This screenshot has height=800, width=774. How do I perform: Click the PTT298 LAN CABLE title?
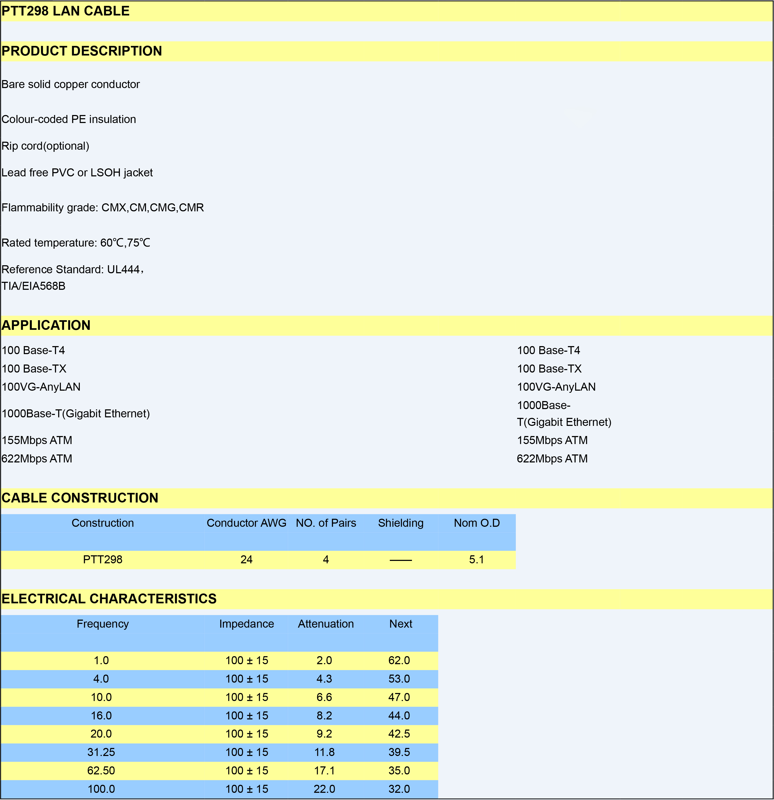point(65,11)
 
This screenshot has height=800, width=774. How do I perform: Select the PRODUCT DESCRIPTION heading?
point(82,51)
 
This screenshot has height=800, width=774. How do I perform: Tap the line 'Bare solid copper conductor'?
point(71,85)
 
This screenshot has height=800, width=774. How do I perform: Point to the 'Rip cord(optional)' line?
point(45,146)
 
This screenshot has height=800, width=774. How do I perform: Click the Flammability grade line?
point(103,208)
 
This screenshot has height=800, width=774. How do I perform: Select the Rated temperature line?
point(76,243)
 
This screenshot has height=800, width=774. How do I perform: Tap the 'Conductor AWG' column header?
point(246,523)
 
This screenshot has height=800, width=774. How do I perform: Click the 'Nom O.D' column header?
point(477,523)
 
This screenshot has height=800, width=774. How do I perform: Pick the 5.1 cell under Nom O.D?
point(476,560)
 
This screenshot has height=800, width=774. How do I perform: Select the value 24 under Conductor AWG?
point(246,560)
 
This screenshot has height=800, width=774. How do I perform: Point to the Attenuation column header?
point(325,624)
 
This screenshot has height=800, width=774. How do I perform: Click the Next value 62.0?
point(399,660)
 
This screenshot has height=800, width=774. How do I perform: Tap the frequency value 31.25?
point(101,752)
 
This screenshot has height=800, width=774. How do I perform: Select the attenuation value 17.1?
point(324,771)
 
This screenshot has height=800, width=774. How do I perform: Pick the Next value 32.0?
point(399,789)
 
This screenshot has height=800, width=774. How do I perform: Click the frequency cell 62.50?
point(101,771)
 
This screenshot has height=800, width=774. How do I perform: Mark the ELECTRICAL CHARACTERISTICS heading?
point(109,599)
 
